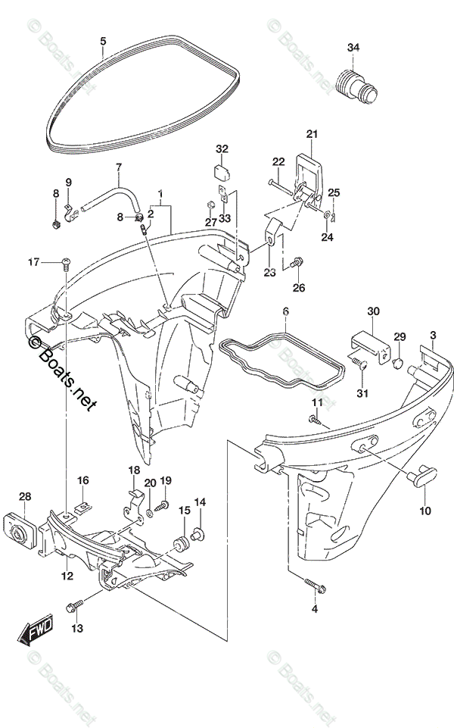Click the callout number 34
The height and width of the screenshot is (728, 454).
point(353,48)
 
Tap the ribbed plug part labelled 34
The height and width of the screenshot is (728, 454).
point(356,81)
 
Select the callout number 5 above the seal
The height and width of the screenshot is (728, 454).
point(103,41)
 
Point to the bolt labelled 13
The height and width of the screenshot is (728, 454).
point(74,605)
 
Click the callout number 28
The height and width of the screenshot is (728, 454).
point(25,497)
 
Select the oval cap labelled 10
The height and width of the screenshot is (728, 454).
point(417,477)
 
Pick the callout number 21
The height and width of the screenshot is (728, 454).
point(313,135)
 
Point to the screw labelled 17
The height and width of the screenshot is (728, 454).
point(65,263)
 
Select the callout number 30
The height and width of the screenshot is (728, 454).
point(373,311)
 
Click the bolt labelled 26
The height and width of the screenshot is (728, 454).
point(299,261)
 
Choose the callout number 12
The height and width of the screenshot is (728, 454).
point(67,576)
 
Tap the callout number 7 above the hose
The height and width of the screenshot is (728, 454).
point(118,167)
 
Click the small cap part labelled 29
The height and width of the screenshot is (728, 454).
point(397,364)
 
